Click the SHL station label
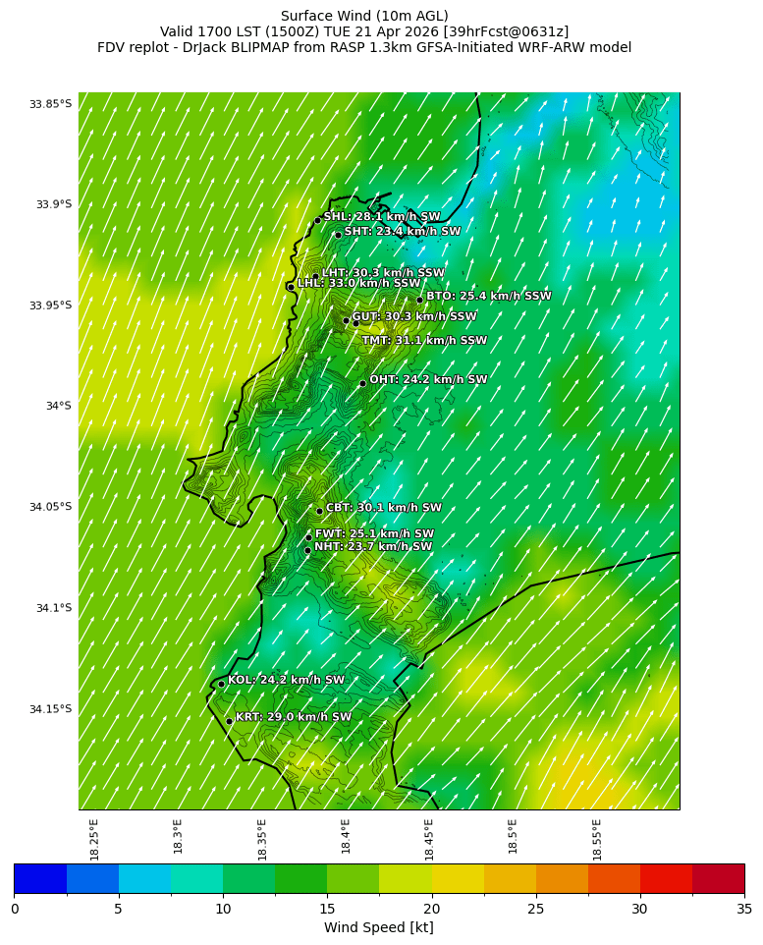(382, 217)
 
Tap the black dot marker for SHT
(338, 235)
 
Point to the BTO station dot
(419, 300)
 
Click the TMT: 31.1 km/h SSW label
(424, 341)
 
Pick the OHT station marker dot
(362, 383)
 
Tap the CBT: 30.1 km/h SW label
(384, 509)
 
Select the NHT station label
(373, 547)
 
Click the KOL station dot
(221, 683)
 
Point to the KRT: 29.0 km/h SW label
(294, 718)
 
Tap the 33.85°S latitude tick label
(50, 104)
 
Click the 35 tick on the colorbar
(743, 909)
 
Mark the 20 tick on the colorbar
(431, 909)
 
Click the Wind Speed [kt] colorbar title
(379, 927)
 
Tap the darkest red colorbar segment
(718, 878)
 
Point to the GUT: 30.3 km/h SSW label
(414, 317)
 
